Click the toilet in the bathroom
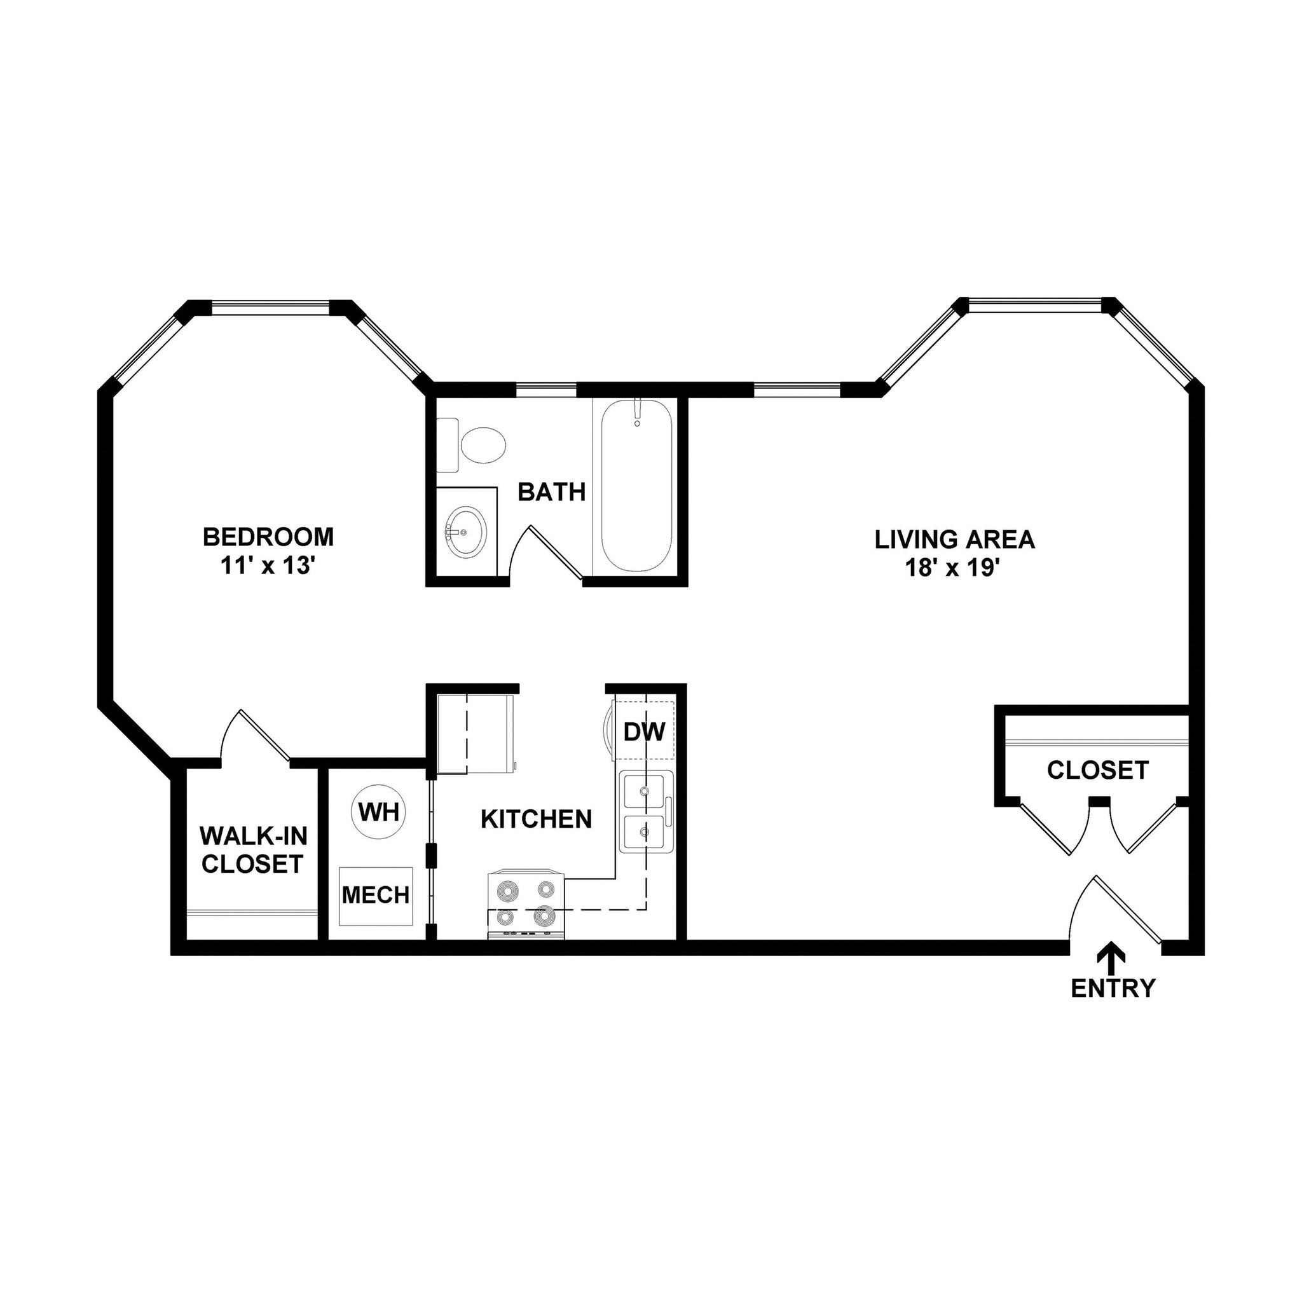point(476,445)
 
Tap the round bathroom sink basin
point(465,532)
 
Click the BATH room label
point(551,492)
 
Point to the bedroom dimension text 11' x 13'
point(268,566)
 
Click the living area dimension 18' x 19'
point(955,568)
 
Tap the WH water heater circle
point(380,812)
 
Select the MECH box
point(375,896)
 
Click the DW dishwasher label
point(644,731)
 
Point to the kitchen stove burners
point(526,903)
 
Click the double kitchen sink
point(646,812)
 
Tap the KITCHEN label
point(537,819)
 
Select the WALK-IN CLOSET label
point(253,850)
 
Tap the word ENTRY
point(1113,988)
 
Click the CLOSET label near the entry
point(1098,771)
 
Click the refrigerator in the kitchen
point(476,734)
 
